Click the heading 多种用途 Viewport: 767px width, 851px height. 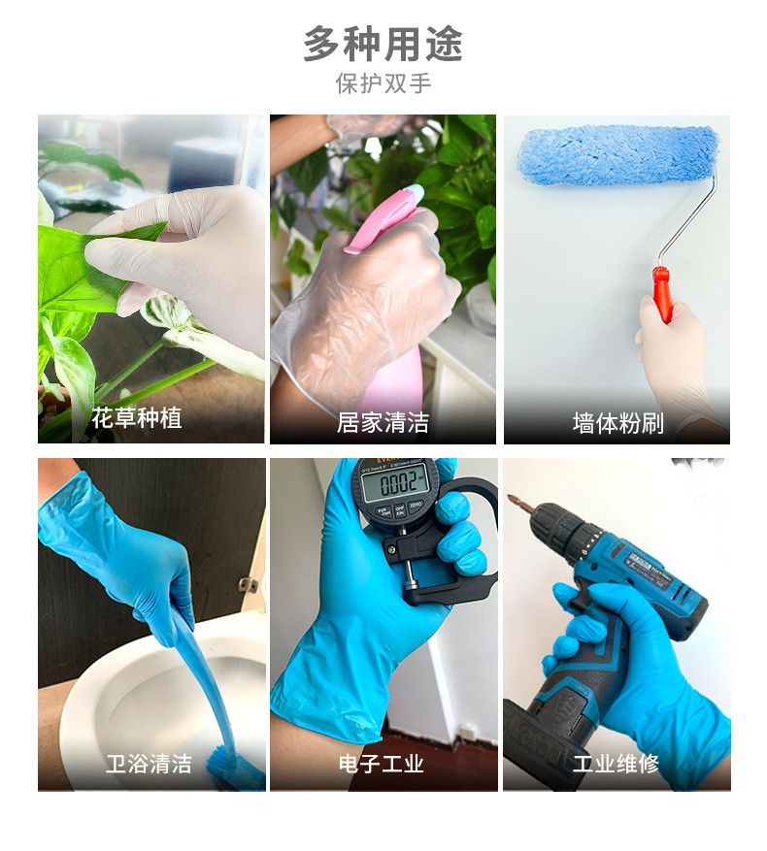point(383,45)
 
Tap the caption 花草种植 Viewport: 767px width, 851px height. point(136,419)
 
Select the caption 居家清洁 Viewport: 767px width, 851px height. point(383,422)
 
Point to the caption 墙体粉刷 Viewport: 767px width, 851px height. point(617,422)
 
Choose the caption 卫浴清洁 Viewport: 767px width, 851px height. point(149,764)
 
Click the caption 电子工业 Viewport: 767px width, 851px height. point(382,764)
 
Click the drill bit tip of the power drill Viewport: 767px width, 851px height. point(514,502)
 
